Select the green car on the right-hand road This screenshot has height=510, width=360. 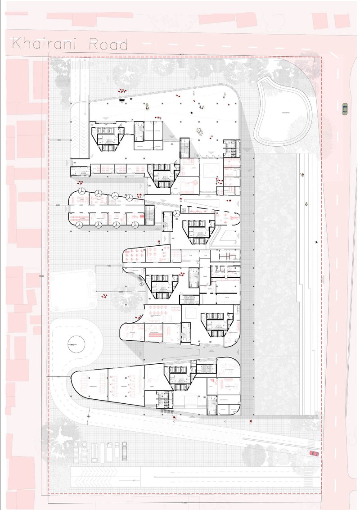point(345,108)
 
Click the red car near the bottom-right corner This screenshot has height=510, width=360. point(314,453)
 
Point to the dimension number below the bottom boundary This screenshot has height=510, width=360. point(184,501)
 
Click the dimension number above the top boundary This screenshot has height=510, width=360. point(182,54)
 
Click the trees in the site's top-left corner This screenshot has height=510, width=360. point(61,72)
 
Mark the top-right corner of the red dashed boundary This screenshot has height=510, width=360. point(321,58)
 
